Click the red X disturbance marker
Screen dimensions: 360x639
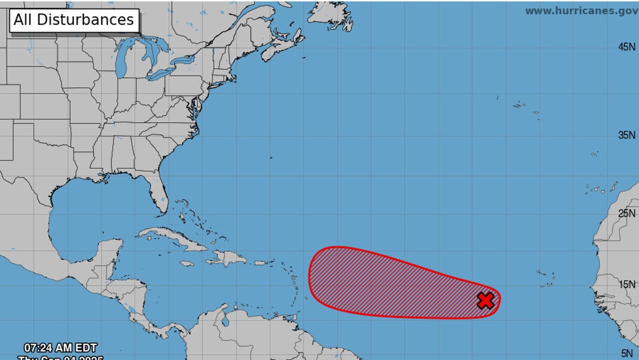(x=486, y=300)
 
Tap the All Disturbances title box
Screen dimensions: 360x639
(x=74, y=20)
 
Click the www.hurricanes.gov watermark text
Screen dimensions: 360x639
(x=581, y=11)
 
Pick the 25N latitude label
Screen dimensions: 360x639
(x=627, y=214)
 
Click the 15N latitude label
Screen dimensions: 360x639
(x=627, y=284)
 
